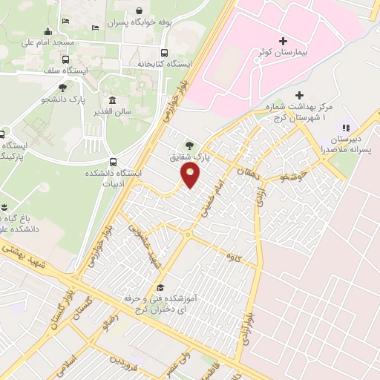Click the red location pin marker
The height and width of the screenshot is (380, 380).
191,176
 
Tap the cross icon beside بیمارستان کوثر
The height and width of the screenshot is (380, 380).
281,40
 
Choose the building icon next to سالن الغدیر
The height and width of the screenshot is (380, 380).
112,101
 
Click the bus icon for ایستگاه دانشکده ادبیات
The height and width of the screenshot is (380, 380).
112,161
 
